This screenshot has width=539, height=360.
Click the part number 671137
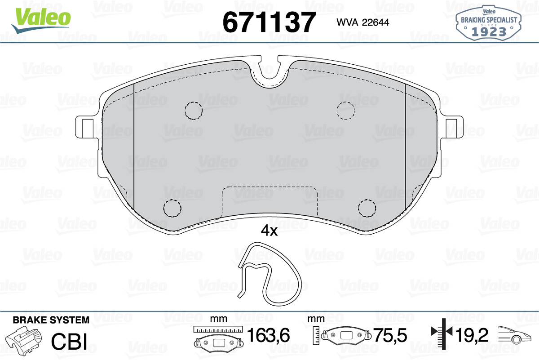[269, 22]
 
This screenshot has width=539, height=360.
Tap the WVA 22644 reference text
[362, 22]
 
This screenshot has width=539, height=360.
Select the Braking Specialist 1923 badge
[489, 23]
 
